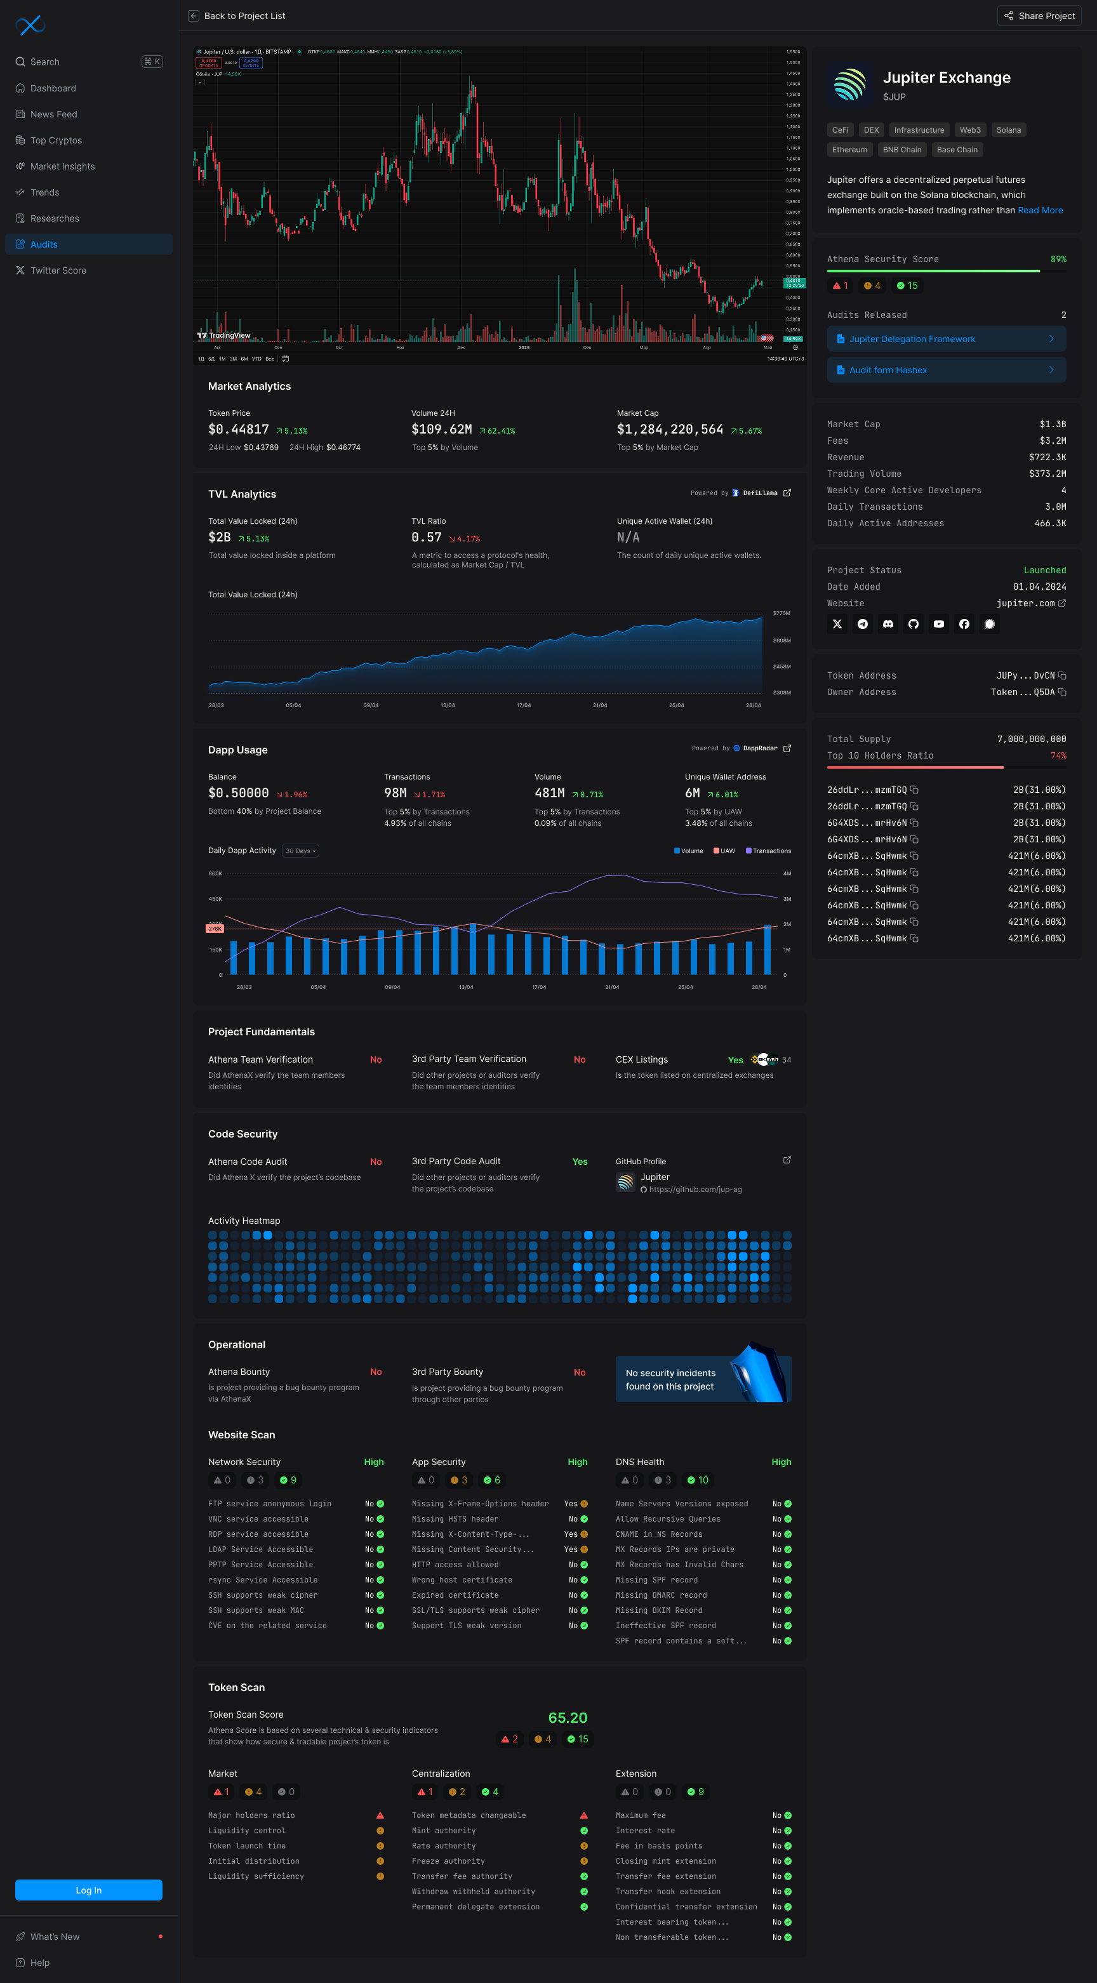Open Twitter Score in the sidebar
click(x=58, y=270)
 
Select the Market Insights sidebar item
click(x=62, y=166)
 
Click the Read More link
click(x=1039, y=210)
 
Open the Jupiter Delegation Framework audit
click(x=945, y=339)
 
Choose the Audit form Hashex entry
click(x=945, y=370)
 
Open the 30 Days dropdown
click(x=300, y=851)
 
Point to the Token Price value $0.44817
click(x=239, y=430)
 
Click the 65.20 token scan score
click(x=568, y=1718)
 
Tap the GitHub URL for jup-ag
click(x=695, y=1190)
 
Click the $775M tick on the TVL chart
click(x=781, y=614)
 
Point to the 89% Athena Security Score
click(x=1058, y=260)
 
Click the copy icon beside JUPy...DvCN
click(x=1062, y=676)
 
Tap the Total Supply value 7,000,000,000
click(x=1031, y=739)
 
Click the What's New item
click(x=55, y=1936)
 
